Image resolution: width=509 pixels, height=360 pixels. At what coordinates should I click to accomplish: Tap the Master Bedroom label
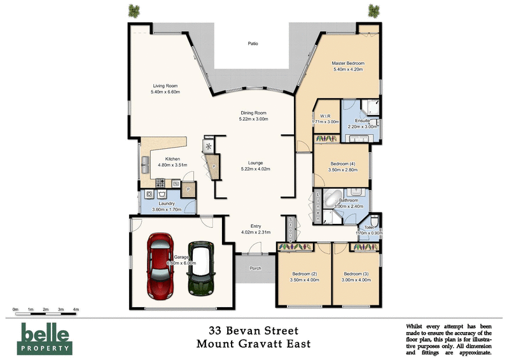click(348, 64)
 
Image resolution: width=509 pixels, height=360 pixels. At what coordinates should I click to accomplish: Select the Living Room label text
click(165, 87)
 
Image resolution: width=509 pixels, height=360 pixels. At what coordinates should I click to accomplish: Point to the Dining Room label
click(253, 113)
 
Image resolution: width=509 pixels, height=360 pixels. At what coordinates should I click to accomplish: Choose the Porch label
click(255, 268)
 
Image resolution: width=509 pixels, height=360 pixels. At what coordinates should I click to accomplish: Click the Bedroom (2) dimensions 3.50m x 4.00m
click(303, 279)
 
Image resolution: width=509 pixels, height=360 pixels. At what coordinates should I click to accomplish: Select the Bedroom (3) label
click(356, 273)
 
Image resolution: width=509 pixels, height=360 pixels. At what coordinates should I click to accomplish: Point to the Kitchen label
click(174, 159)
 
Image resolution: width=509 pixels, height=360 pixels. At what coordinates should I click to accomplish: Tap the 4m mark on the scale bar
click(76, 309)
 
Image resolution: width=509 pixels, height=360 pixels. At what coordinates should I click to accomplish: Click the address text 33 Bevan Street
click(254, 331)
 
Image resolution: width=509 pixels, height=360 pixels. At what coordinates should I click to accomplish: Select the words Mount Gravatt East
click(254, 346)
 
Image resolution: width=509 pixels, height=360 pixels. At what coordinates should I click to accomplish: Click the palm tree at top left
click(134, 10)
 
